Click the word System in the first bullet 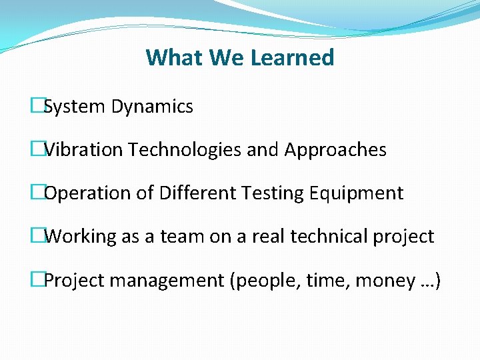[75, 107]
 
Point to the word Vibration [83, 150]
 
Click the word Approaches [335, 150]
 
